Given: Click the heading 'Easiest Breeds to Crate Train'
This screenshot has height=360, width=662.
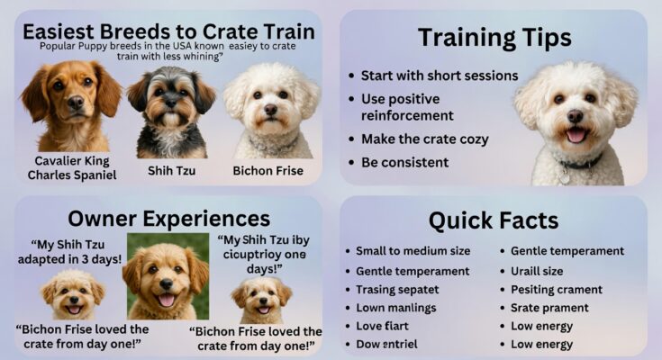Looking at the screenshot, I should (x=168, y=31).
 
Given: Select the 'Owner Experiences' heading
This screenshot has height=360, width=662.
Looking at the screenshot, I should (x=169, y=218).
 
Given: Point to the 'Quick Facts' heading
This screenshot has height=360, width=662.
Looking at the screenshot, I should (x=493, y=220).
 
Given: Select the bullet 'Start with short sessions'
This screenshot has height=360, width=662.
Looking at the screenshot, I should (x=439, y=76).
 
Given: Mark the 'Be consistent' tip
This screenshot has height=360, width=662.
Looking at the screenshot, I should (x=404, y=162).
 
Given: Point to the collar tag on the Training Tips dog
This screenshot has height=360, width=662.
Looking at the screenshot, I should (x=565, y=176).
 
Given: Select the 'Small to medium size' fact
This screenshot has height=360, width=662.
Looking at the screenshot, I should (x=413, y=251).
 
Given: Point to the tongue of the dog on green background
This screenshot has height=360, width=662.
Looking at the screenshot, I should (x=166, y=300).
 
